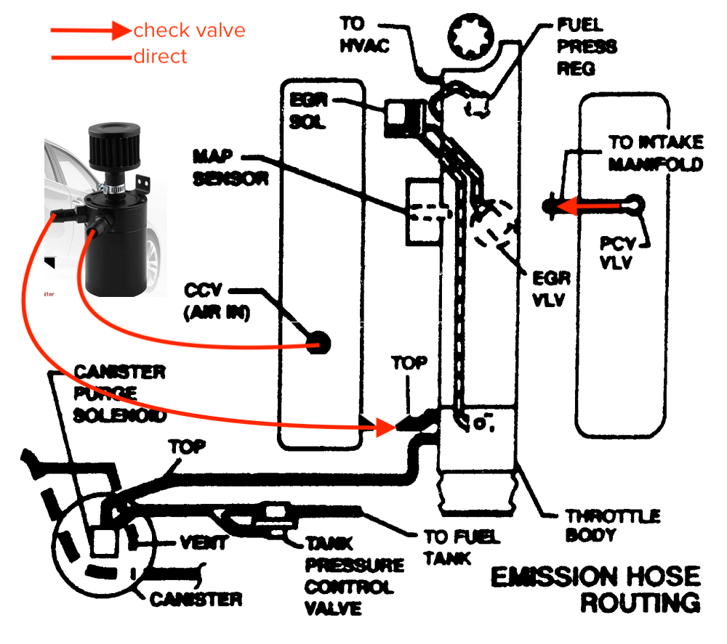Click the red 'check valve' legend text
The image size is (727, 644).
[x=189, y=30]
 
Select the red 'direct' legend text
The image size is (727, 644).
[x=160, y=56]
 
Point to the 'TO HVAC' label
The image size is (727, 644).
[x=363, y=36]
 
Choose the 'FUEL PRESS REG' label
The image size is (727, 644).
[x=587, y=47]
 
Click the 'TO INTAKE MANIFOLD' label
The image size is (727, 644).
[x=656, y=153]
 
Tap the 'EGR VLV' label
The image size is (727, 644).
[x=552, y=288]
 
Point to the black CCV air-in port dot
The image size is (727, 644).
[x=318, y=342]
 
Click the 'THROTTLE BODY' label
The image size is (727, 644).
[x=612, y=526]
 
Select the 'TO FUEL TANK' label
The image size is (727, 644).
[x=462, y=547]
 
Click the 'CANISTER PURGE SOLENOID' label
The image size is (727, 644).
[x=120, y=394]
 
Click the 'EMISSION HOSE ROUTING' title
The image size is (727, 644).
[x=596, y=589]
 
